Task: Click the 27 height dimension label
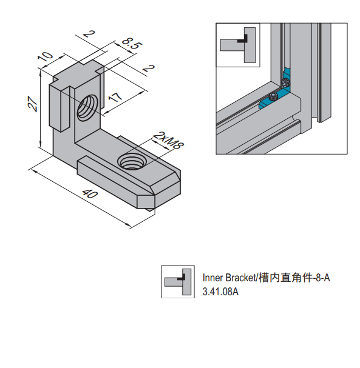32,103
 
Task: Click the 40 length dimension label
89,194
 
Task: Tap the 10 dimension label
46,56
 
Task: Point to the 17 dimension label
115,96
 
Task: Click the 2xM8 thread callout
168,140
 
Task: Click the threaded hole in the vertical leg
87,108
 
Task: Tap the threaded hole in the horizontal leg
132,161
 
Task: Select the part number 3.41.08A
220,292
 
